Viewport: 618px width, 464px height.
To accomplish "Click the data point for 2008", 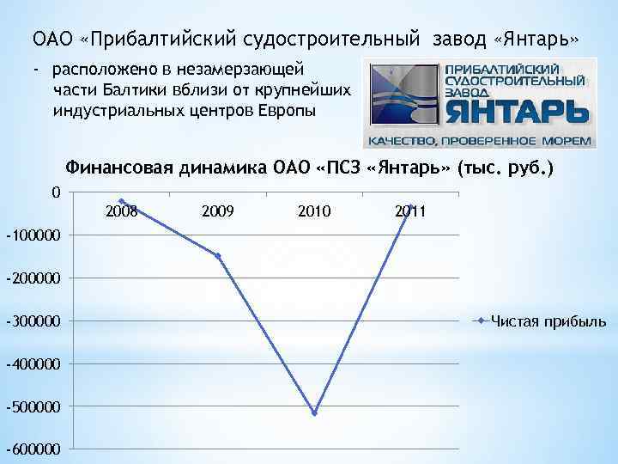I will [122, 201].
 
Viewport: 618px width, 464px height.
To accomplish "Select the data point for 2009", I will [218, 256].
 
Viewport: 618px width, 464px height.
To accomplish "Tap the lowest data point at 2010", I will [315, 413].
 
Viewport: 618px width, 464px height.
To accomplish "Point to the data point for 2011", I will [411, 206].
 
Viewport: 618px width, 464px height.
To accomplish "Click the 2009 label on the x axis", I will [218, 211].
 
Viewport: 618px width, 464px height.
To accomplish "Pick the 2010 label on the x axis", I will [314, 211].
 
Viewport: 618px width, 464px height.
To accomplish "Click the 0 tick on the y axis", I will [56, 192].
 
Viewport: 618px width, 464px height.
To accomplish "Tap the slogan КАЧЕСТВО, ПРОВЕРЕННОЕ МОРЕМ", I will [480, 140].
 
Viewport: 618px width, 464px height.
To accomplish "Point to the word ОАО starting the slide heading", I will [51, 40].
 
